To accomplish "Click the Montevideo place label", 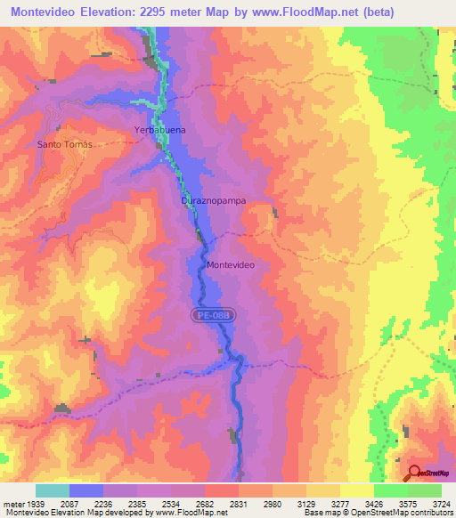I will (231, 265).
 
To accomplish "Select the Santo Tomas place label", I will (65, 144).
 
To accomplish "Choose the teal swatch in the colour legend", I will (53, 490).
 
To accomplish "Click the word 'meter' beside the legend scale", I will (14, 503).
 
